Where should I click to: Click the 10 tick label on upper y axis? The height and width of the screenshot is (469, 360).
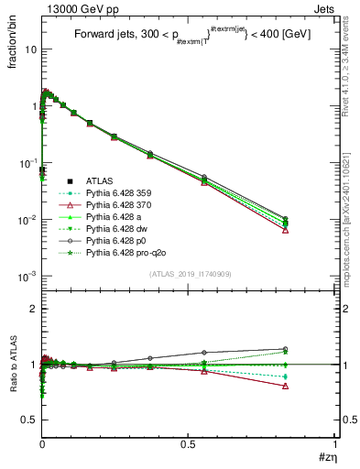tap(29, 49)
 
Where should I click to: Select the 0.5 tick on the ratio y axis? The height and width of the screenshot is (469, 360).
tap(27, 420)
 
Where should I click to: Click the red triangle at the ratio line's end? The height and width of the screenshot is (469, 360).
tap(311, 386)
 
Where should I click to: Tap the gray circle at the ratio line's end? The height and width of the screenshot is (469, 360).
tap(311, 349)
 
